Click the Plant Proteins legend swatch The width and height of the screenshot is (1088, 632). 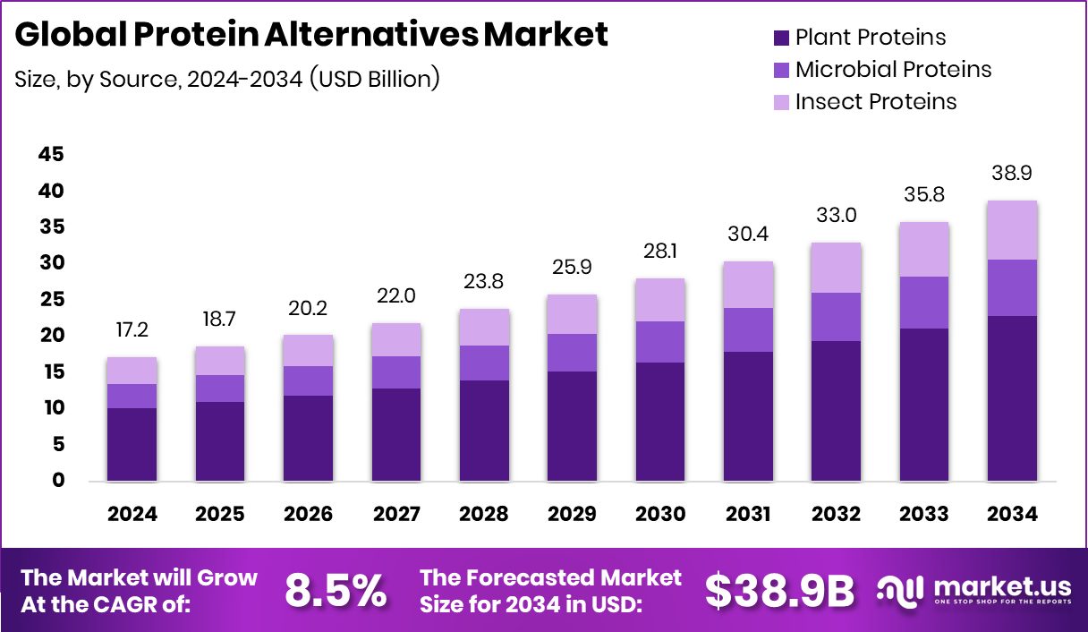pos(780,38)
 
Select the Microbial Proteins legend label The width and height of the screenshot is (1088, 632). pos(893,69)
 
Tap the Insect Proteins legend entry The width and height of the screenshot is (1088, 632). pos(875,101)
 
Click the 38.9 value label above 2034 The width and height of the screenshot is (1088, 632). pos(1012,173)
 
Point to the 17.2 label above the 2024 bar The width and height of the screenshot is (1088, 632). pos(132,330)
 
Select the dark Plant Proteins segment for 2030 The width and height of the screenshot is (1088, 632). pos(660,421)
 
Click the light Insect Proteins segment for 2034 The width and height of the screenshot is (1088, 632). pos(1012,230)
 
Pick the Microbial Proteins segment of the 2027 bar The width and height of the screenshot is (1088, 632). pos(396,372)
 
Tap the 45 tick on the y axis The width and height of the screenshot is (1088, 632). pos(51,155)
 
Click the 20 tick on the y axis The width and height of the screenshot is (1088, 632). pos(51,336)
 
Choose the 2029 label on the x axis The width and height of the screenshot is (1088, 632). pos(572,514)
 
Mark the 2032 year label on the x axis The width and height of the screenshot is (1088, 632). pos(836,514)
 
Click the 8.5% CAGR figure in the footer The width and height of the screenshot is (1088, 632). pos(336,590)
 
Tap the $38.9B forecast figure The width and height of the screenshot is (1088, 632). pos(779,590)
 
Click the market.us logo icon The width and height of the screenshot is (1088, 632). pos(899,590)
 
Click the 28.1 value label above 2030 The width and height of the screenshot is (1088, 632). pos(660,252)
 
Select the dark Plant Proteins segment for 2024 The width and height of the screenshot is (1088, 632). pos(132,444)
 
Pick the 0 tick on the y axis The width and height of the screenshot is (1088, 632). pos(57,481)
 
